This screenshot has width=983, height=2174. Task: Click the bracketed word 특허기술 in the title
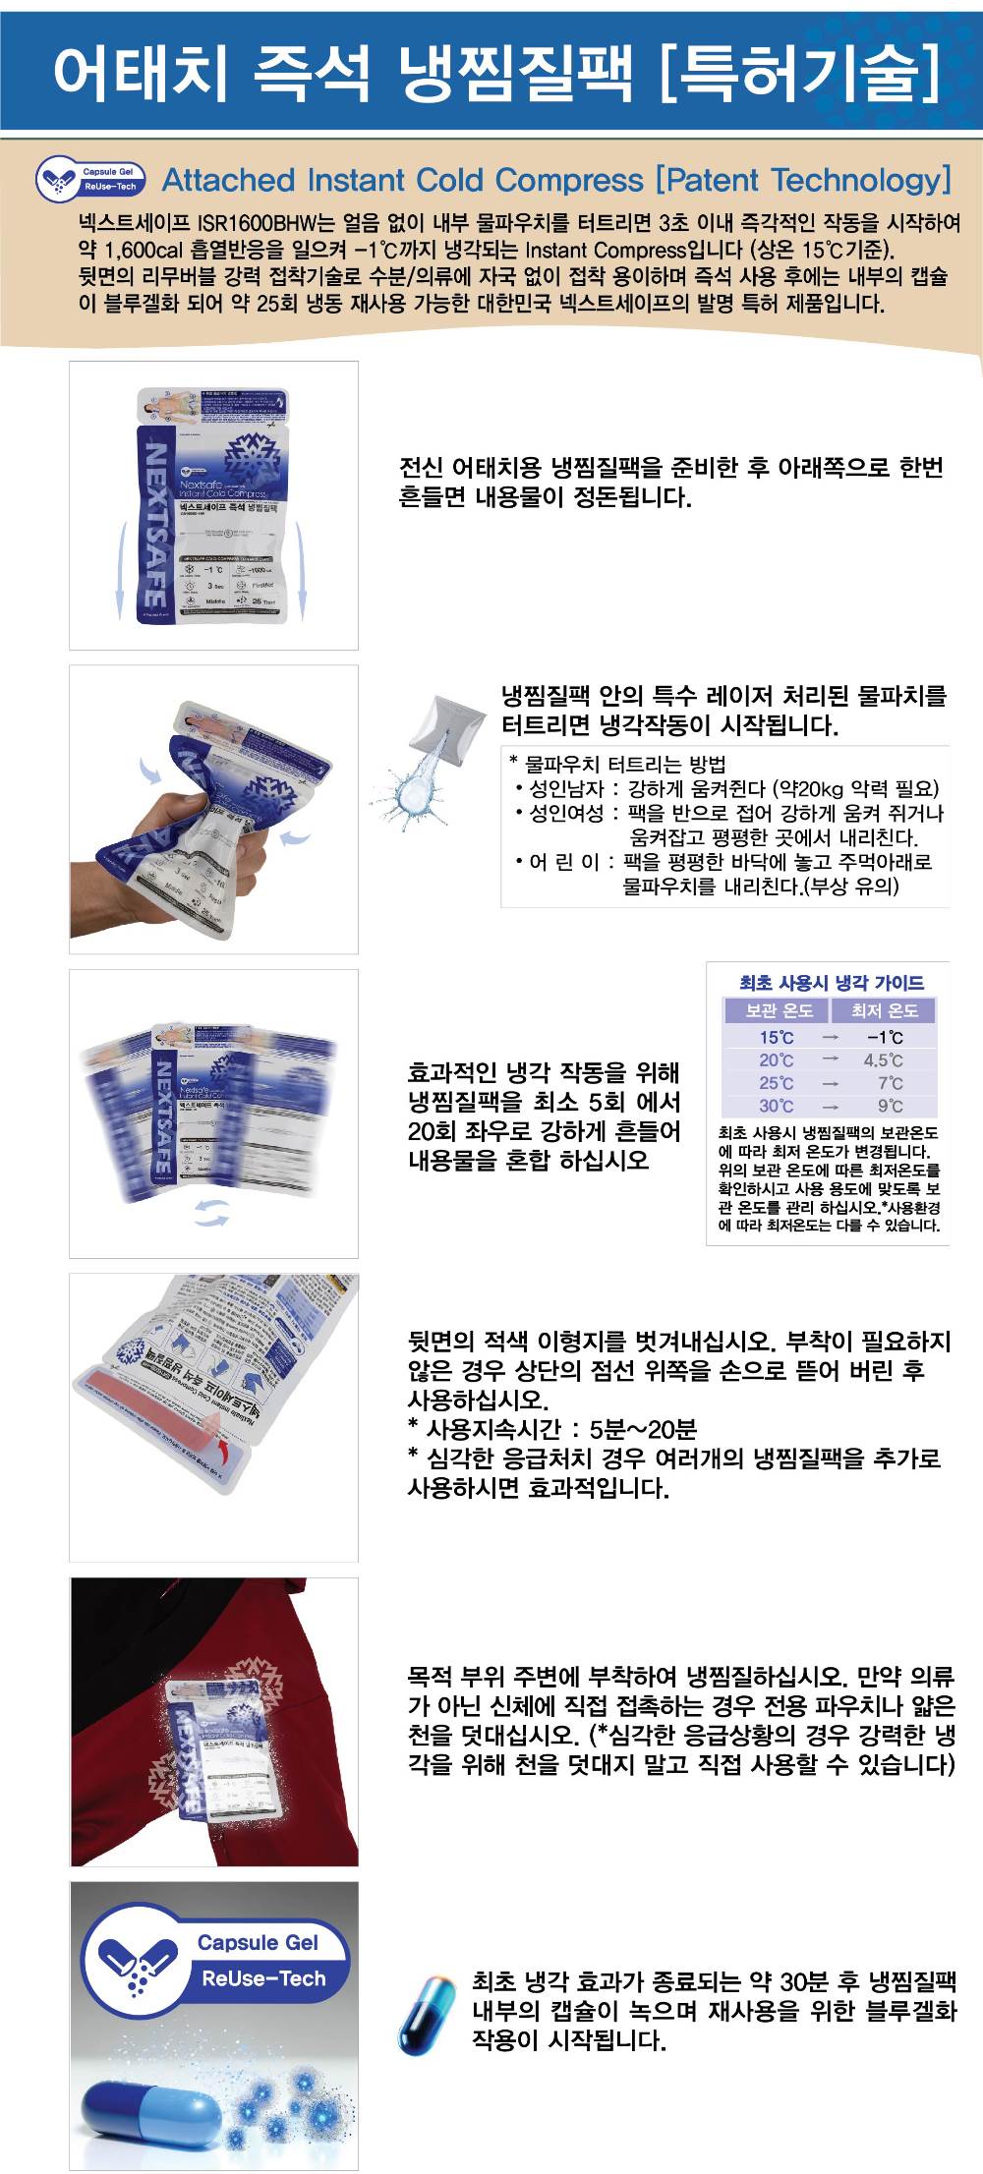[801, 71]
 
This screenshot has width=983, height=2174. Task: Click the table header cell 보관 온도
[778, 1010]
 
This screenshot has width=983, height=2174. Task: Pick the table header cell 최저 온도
[884, 1010]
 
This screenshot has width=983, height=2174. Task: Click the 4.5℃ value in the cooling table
[884, 1060]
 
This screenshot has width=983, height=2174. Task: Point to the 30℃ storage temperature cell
[776, 1106]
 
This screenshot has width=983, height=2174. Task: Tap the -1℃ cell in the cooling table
[884, 1038]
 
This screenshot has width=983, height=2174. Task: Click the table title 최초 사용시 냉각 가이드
[831, 982]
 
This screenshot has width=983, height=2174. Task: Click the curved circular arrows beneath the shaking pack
[210, 1213]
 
